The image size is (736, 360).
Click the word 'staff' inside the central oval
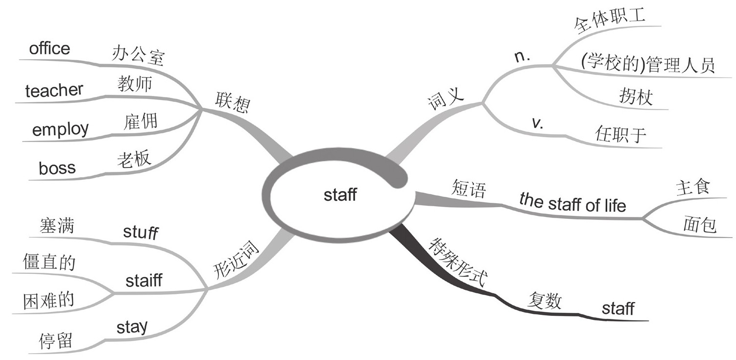(340, 195)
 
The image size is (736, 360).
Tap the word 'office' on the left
(49, 48)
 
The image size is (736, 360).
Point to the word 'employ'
(60, 129)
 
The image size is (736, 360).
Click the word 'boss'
(57, 168)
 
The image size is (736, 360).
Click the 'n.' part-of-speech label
(523, 57)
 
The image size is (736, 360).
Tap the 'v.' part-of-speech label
(537, 122)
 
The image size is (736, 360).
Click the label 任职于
(621, 134)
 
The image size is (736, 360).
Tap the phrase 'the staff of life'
(572, 202)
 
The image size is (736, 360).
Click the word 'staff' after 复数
(617, 309)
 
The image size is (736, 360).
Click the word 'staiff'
(143, 281)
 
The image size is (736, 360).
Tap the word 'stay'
(132, 327)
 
